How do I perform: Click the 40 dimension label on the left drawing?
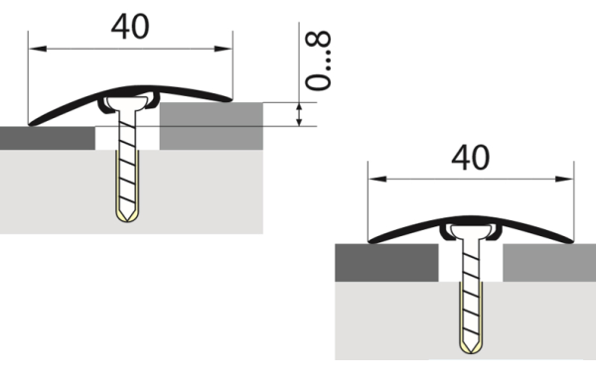pos(129,26)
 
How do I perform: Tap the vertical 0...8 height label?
pos(318,62)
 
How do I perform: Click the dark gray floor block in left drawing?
pos(48,138)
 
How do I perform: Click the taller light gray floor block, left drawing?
pos(212,125)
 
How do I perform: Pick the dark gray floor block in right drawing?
pos(387,264)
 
